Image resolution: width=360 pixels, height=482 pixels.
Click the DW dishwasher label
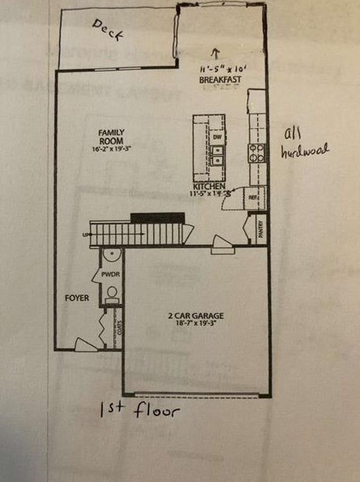coord(217,137)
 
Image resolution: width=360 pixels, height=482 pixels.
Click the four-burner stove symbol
coord(256,153)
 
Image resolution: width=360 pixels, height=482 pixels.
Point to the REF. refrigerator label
coord(253,197)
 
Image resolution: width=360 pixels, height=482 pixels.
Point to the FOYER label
coord(76,298)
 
